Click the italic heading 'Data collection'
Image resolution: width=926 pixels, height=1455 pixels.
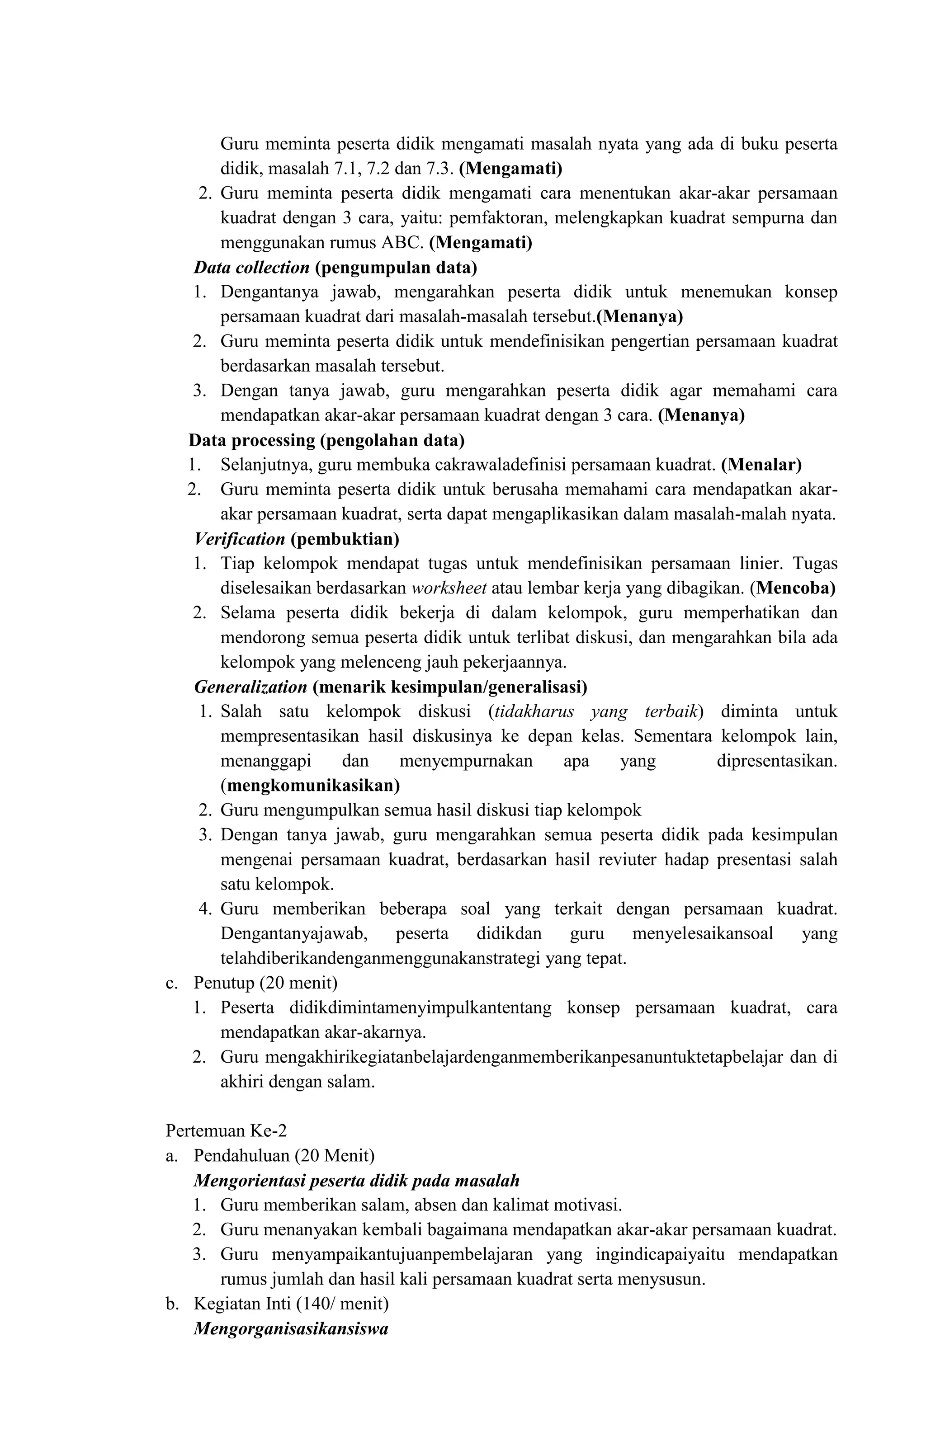click(x=251, y=267)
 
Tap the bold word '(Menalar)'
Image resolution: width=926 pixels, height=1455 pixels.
click(x=761, y=465)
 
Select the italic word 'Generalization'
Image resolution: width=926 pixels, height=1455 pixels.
click(x=250, y=687)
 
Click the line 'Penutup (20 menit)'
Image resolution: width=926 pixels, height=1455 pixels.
click(x=265, y=983)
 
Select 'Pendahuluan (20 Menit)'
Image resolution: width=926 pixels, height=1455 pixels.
click(x=284, y=1156)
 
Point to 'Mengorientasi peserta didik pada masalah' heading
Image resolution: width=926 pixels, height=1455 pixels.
click(x=357, y=1181)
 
